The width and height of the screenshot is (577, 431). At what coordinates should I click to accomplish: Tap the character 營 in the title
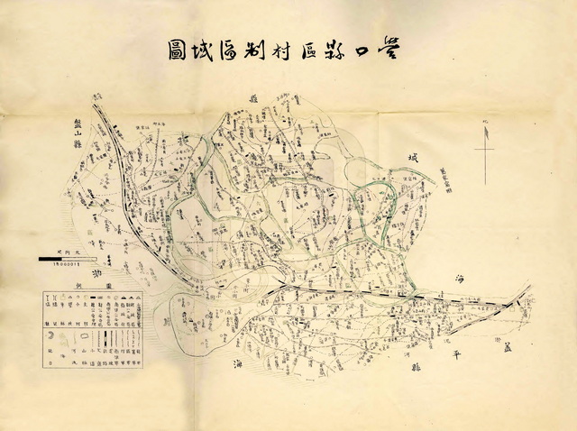393,50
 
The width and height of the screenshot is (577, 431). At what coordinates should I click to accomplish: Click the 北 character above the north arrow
485,120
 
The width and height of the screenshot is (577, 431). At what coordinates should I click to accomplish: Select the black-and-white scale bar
69,259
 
